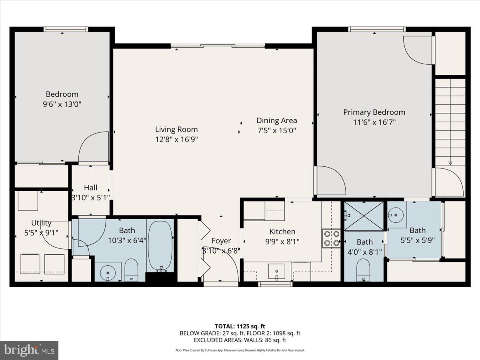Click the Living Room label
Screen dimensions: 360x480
coord(176,129)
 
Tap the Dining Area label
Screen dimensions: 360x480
coord(276,120)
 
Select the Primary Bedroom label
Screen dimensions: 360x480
coord(374,112)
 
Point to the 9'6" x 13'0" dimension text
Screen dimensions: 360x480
coord(62,104)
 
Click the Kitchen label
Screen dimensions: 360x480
coord(282,232)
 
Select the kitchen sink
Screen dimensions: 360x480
coord(276,272)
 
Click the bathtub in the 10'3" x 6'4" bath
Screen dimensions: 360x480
coord(160,245)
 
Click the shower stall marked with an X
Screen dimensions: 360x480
coord(364,216)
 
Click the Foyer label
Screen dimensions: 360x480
coord(221,241)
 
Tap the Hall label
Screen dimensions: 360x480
coord(90,188)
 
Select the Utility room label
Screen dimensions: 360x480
coord(41,223)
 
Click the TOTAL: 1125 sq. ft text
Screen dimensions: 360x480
coord(240,326)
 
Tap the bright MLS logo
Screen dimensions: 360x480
coord(29,350)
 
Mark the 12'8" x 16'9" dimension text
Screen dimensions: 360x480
coord(176,139)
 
